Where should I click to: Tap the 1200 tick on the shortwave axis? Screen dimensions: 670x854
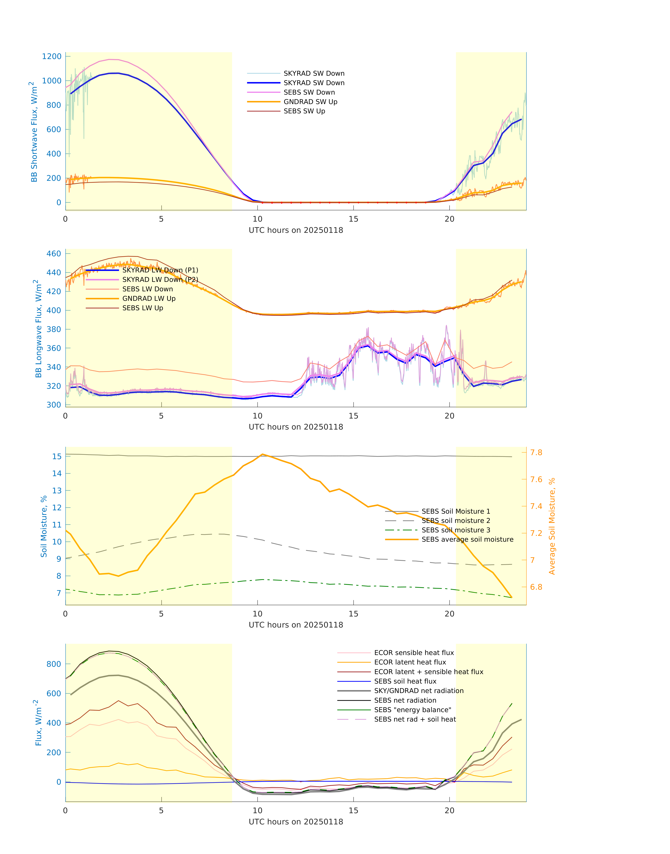point(52,56)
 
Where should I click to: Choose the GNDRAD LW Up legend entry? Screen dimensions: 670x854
point(149,299)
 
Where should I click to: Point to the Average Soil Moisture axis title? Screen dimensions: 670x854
point(552,526)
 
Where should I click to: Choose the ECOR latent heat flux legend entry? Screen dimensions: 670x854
point(410,662)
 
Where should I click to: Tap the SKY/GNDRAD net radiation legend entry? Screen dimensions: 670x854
point(419,691)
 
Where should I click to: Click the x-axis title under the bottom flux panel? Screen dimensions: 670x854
point(296,821)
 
